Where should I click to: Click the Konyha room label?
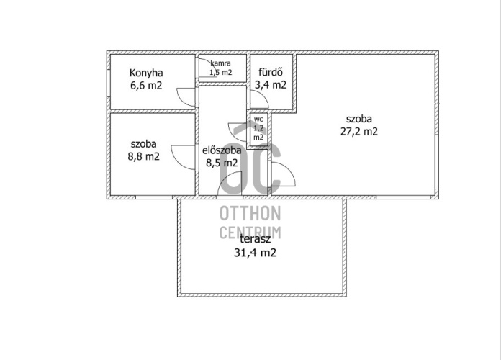point(146,73)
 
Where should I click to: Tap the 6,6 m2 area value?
point(146,86)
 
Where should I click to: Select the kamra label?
point(220,63)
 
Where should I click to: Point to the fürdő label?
point(271,72)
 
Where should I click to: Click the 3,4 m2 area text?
point(271,85)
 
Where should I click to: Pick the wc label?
point(258,120)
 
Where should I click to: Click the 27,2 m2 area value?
point(359,132)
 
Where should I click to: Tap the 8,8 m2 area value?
point(144,157)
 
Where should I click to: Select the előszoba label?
point(222,150)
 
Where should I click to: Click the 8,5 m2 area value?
point(222,163)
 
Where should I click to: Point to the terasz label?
point(256,239)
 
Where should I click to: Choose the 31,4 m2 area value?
point(256,253)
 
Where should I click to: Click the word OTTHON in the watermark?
point(250,213)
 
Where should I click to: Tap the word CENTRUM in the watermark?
point(250,233)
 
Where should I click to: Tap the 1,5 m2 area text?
point(220,72)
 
